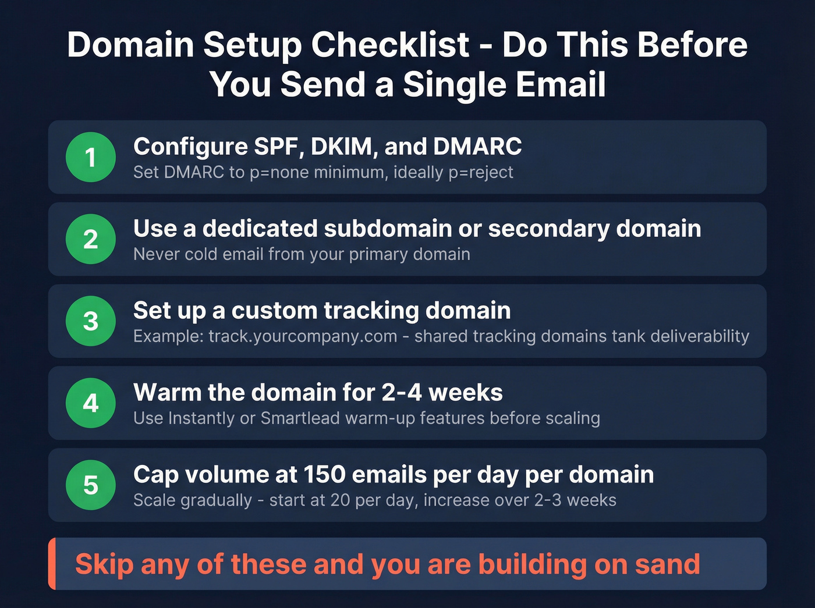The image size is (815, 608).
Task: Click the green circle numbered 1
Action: tap(90, 157)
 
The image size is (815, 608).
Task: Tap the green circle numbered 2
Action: tap(90, 239)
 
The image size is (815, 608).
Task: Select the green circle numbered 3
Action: tap(90, 321)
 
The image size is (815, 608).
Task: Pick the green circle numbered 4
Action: tap(90, 403)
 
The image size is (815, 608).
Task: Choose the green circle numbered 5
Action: tap(90, 485)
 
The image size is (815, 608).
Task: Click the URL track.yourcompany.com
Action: tap(303, 336)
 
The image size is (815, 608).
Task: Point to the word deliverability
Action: tap(699, 336)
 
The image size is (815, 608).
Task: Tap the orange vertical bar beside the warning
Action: tap(52, 564)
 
